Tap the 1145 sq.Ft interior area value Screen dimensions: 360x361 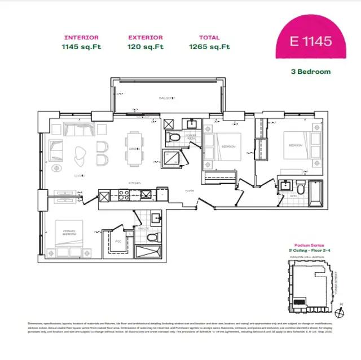pos(82,47)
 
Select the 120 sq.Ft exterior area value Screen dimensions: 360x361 pos(146,47)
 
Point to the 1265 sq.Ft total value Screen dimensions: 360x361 pos(209,47)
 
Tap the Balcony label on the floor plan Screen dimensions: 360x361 pos(166,98)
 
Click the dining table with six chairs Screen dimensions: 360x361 pos(134,147)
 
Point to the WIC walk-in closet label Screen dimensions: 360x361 pos(118,241)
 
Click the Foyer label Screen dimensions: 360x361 pos(190,190)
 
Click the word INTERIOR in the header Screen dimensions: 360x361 pos(82,38)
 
